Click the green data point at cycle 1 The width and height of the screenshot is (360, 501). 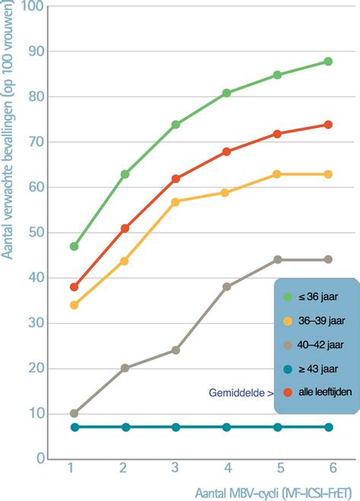point(74,246)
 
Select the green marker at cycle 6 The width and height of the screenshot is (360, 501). point(328,62)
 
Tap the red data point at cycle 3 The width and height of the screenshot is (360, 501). point(175,179)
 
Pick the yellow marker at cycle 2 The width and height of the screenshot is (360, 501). point(125,261)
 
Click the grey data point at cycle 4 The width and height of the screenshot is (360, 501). point(226,287)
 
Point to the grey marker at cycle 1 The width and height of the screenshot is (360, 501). point(74,414)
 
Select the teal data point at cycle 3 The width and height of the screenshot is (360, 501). point(175,427)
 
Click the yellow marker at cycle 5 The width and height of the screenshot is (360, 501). point(277,174)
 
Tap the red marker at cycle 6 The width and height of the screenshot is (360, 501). point(328,125)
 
